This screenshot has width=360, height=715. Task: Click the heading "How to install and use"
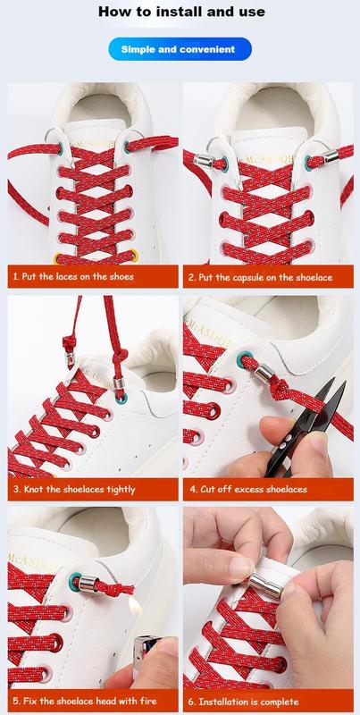[x=181, y=12]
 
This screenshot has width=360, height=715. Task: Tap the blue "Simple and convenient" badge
[x=180, y=49]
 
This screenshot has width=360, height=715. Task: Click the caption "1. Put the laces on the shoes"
[x=73, y=277]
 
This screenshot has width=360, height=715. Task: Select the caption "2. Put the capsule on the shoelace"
[x=261, y=277]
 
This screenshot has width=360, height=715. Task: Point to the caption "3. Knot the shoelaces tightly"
[x=74, y=490]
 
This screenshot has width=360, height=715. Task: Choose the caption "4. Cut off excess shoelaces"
[x=248, y=490]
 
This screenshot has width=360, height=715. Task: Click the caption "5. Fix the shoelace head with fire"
[x=85, y=701]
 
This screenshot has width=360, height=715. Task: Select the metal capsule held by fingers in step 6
[x=265, y=586]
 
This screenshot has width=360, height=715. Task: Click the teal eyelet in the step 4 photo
[x=242, y=359]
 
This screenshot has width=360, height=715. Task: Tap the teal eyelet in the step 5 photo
[x=75, y=582]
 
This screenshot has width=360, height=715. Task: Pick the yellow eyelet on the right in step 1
[x=133, y=256]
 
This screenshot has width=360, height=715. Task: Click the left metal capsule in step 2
[x=204, y=160]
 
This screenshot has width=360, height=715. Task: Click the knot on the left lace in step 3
[x=70, y=342]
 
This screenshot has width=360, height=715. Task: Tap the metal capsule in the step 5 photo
[x=88, y=584]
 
